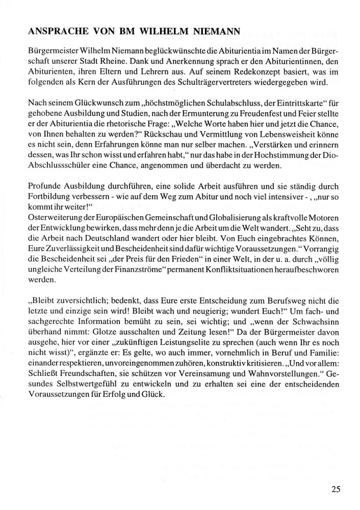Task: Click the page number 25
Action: [x=335, y=490]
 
